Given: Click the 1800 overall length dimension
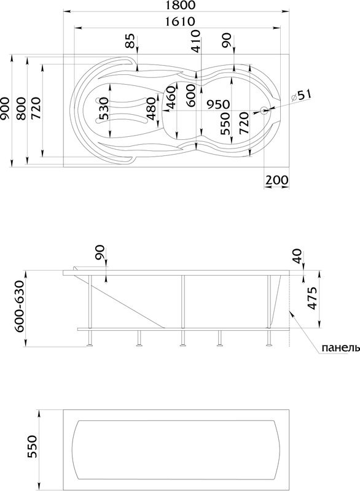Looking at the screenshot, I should (179, 6).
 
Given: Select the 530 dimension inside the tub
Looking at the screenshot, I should (103, 109).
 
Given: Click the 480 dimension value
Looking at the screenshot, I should (152, 109).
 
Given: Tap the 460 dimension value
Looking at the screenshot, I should (171, 97).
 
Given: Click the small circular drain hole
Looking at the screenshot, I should (264, 111).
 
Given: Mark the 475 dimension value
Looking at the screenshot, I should (311, 299).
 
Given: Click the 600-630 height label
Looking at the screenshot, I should (21, 307).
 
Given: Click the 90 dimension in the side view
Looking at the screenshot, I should (100, 252).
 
